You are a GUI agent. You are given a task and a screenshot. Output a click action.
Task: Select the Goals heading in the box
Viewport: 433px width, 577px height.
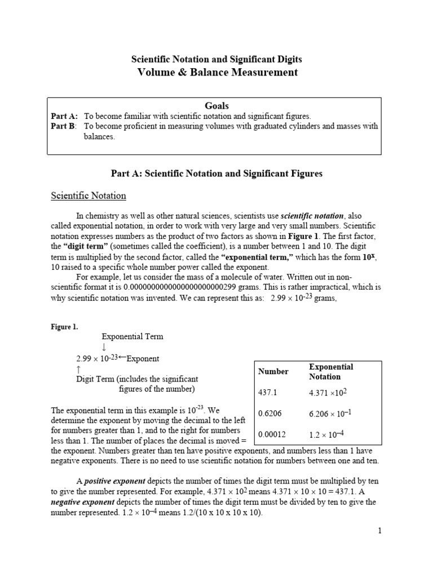coord(217,105)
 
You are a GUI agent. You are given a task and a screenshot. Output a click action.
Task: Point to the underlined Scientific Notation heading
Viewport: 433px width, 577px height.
coord(89,196)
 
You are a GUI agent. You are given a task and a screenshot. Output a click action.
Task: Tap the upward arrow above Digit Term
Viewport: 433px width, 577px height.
coord(78,369)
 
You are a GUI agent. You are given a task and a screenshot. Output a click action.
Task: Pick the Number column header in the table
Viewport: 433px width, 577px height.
coord(273,371)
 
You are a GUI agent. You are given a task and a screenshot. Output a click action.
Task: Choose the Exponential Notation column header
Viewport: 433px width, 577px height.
coord(331,371)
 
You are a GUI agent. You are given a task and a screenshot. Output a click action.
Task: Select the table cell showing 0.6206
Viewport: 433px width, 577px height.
coord(269,414)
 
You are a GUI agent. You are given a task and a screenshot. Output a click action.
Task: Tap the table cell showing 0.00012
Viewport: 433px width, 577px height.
coord(272,434)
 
